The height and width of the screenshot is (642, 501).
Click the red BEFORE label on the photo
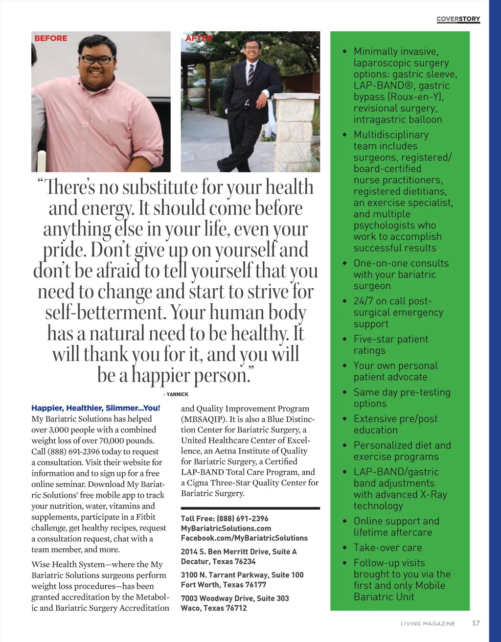(x=51, y=38)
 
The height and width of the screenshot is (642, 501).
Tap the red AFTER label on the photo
(x=199, y=38)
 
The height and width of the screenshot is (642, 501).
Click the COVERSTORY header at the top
(x=458, y=19)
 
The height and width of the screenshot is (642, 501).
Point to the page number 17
(x=476, y=623)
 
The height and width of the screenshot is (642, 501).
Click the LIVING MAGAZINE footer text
(x=428, y=623)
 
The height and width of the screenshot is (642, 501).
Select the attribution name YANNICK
(x=177, y=394)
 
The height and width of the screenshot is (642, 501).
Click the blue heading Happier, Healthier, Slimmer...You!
(x=95, y=408)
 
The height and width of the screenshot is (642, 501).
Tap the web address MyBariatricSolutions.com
(x=226, y=528)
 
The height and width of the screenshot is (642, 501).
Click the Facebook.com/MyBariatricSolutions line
(x=244, y=538)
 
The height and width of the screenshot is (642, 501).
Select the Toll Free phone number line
(x=225, y=519)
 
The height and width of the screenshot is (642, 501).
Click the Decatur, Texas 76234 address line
(x=218, y=562)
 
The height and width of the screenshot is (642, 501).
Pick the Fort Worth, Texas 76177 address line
(x=224, y=585)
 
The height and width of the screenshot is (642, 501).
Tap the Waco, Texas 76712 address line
(x=214, y=608)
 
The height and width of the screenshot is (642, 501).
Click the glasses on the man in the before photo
(x=98, y=60)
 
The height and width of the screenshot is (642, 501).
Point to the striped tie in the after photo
(x=250, y=74)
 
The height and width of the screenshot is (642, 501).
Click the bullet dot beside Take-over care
(x=345, y=548)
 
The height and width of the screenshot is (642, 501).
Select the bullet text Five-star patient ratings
(x=390, y=344)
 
